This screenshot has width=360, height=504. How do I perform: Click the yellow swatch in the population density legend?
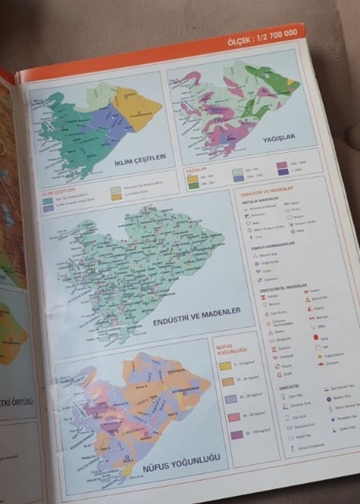225,367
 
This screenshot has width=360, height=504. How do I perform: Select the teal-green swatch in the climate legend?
47,201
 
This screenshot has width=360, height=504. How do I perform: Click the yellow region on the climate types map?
135,105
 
